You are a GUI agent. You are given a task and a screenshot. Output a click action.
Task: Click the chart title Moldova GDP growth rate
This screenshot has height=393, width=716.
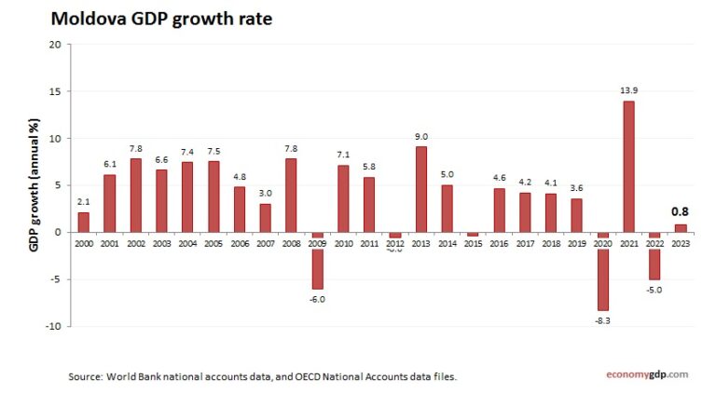pos(160,18)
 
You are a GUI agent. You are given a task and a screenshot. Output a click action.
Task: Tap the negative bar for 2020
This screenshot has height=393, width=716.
pos(602,271)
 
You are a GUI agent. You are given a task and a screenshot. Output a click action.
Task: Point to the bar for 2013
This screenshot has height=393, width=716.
pos(421,189)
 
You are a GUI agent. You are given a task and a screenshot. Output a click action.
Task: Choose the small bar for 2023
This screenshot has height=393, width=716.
pos(680,228)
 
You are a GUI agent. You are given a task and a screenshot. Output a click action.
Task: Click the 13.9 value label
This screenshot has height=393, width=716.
pos(628,90)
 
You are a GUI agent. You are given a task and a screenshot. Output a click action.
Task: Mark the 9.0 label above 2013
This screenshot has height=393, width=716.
pos(421,137)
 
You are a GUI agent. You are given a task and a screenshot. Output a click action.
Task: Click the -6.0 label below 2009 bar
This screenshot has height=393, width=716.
pos(317,298)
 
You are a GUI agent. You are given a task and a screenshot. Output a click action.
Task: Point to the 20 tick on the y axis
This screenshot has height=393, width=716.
pos(55,45)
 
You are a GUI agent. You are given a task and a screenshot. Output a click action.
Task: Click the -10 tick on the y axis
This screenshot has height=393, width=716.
pos(53,326)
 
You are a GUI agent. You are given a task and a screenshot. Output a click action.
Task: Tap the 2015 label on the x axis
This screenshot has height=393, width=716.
pos(473,242)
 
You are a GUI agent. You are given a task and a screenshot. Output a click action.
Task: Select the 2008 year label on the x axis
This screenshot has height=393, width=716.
pos(291,242)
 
